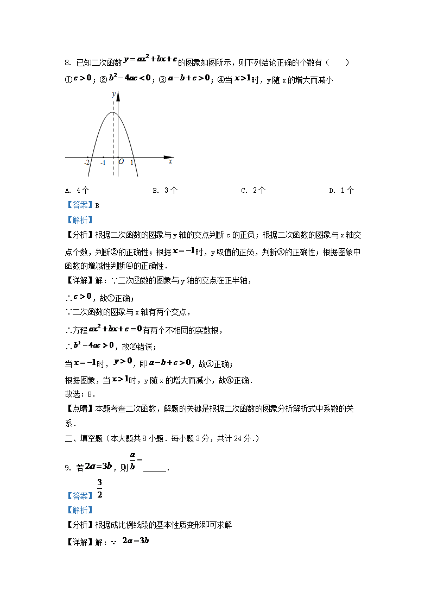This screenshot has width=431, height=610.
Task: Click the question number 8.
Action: point(67,63)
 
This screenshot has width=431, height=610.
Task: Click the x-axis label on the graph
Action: point(170,161)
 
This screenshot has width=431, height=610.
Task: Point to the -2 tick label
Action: point(87,162)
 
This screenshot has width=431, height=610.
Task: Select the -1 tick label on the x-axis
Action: point(103,162)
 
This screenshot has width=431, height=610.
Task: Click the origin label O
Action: point(121,162)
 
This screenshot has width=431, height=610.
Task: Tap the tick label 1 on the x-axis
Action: point(131,162)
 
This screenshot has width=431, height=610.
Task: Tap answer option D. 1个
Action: point(341,191)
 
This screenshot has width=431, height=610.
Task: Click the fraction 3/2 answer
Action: point(100,488)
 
